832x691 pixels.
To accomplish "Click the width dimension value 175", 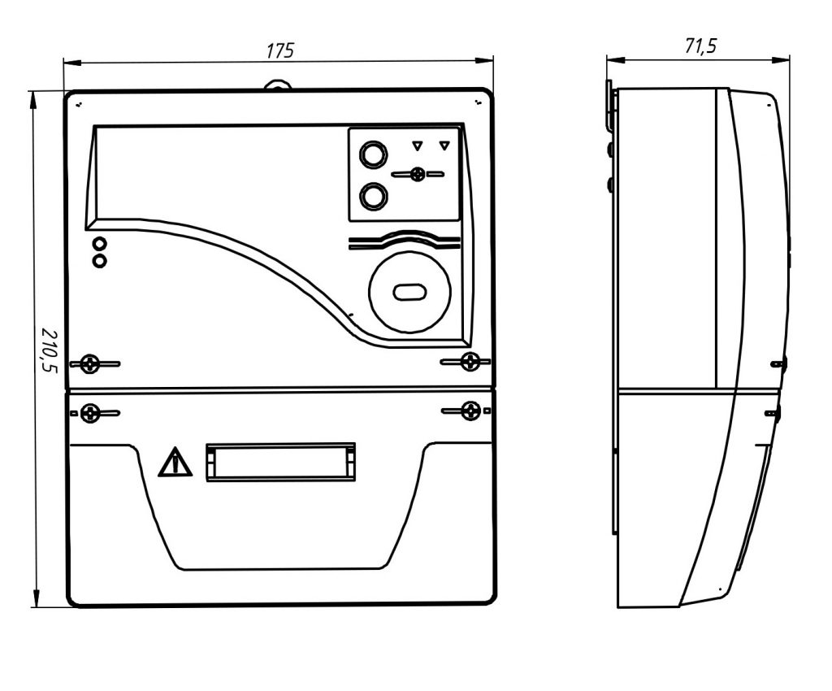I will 279,50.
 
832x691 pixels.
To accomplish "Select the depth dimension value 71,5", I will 700,46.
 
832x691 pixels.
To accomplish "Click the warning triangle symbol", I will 175,463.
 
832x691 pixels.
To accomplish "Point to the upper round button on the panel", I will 373,154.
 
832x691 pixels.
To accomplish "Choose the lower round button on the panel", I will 373,196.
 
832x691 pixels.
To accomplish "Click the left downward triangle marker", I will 417,146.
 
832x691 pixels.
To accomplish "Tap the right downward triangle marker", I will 444,146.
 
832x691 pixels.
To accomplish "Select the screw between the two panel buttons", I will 418,174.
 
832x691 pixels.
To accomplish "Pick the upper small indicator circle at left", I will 100,244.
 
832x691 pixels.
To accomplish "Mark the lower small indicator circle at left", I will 100,260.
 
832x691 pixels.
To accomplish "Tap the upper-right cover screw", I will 469,361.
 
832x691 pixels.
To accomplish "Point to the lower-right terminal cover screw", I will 469,411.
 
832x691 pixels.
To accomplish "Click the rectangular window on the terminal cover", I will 280,462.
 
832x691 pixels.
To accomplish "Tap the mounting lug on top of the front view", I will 278,83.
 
